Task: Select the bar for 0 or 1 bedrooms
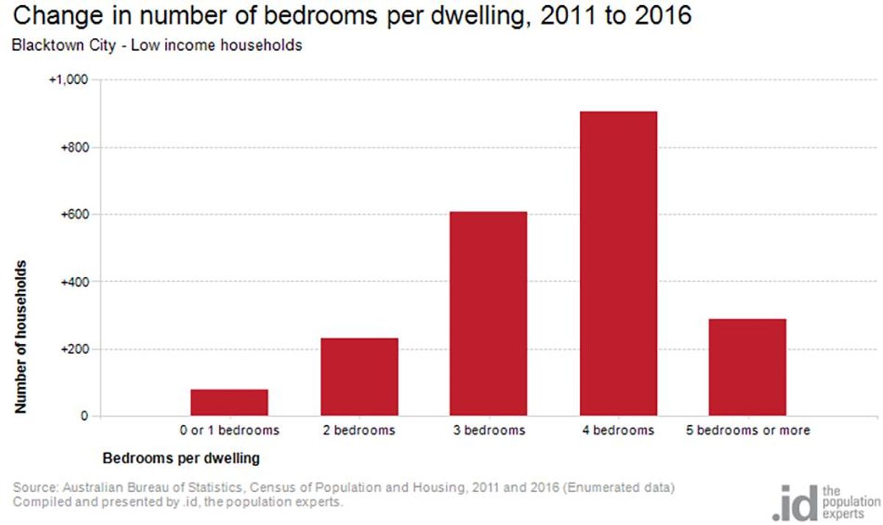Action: [230, 402]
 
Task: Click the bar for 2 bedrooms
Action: [359, 377]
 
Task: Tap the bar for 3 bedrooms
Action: [489, 314]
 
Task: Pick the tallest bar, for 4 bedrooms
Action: [618, 263]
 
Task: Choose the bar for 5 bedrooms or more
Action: [748, 368]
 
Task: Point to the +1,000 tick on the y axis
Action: [68, 79]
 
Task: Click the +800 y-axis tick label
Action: [74, 148]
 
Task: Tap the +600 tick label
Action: [74, 215]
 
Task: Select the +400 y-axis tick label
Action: [74, 282]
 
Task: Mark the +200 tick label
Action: [74, 349]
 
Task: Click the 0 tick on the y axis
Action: [85, 416]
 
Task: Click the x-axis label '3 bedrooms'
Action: [489, 430]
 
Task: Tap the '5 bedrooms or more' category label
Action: [748, 430]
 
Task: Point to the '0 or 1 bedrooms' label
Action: [230, 430]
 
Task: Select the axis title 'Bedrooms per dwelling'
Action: [181, 458]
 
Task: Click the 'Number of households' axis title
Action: [21, 337]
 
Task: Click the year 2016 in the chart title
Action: [663, 15]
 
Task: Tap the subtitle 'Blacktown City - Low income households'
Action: [157, 46]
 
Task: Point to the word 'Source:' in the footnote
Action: [36, 488]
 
